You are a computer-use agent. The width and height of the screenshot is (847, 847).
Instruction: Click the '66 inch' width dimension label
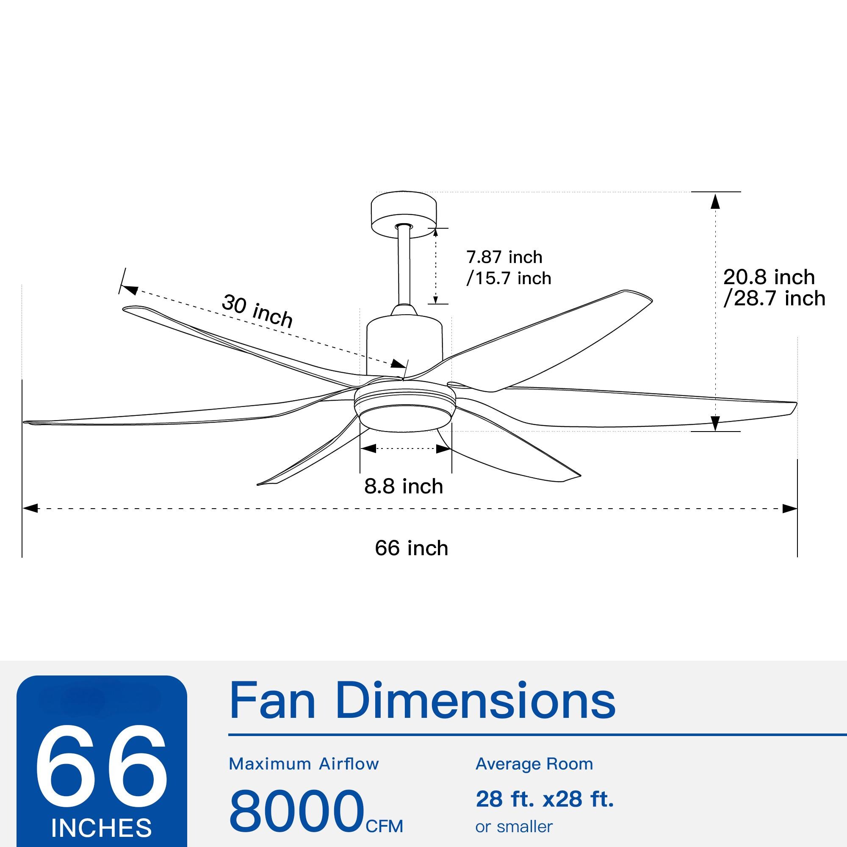coord(411,548)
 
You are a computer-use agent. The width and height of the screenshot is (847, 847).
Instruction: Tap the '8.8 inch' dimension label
coord(403,487)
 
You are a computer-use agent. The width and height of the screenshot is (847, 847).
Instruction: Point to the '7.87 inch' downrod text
coord(504,257)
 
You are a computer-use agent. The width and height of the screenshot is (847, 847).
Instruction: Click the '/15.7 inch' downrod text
coord(509,278)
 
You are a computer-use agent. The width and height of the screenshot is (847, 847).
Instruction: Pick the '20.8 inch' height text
coord(769,277)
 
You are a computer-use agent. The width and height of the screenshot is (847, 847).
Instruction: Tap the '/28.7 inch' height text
coord(774,299)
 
